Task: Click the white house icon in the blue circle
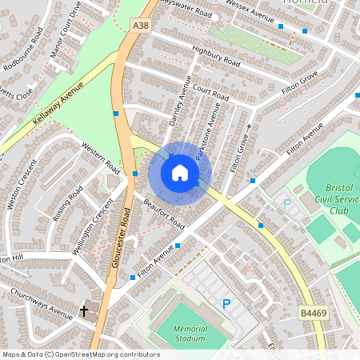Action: coord(180,173)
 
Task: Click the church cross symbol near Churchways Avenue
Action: coord(84,310)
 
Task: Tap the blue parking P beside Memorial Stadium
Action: coord(226,303)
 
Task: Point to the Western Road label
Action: coord(101,158)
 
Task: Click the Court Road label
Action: coord(210,94)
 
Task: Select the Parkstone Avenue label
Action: coord(210,125)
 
